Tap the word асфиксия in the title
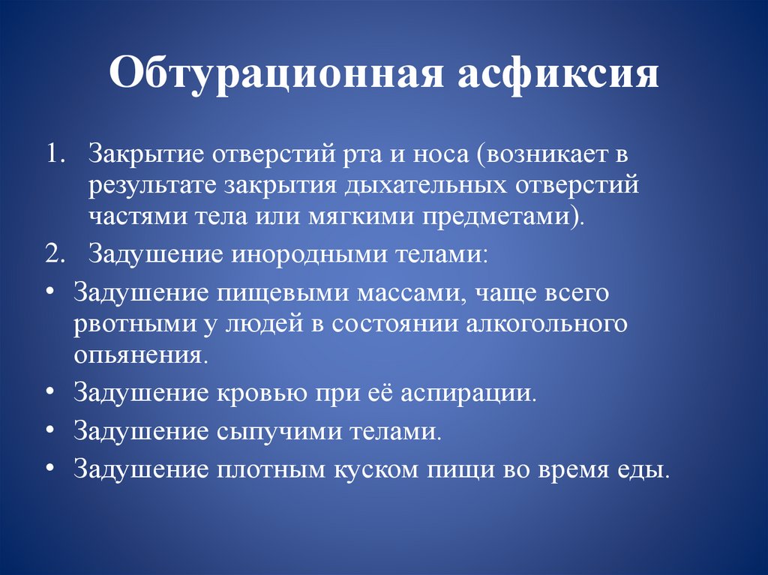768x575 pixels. click(555, 76)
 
